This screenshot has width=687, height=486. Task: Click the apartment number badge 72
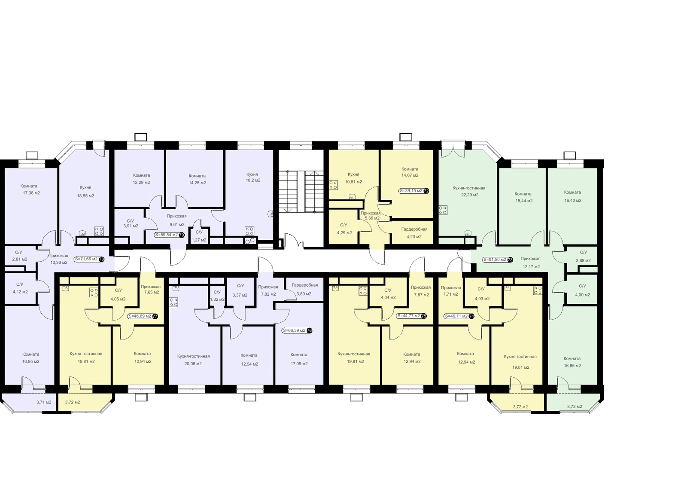[426, 191]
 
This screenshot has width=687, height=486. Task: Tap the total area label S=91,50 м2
[494, 260]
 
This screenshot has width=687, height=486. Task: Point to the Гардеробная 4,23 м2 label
[414, 233]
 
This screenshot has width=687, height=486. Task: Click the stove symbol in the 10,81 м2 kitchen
[333, 185]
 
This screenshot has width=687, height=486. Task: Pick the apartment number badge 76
[309, 330]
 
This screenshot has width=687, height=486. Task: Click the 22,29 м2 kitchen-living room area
[470, 195]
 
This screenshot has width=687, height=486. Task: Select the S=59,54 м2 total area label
[167, 235]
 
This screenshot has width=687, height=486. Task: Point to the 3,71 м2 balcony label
[43, 402]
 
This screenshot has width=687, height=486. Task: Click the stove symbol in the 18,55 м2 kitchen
[99, 231]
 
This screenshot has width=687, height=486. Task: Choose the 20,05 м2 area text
[193, 364]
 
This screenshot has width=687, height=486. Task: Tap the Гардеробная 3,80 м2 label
[304, 289]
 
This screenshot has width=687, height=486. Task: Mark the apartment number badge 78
[101, 259]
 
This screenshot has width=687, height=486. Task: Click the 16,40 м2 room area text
[573, 200]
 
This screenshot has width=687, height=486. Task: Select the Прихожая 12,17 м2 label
[530, 263]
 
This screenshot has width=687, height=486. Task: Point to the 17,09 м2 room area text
[299, 364]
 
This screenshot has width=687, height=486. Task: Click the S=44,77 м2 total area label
[408, 316]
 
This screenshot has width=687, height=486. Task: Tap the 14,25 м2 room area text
[197, 183]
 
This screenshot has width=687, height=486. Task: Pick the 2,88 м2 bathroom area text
[584, 260]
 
